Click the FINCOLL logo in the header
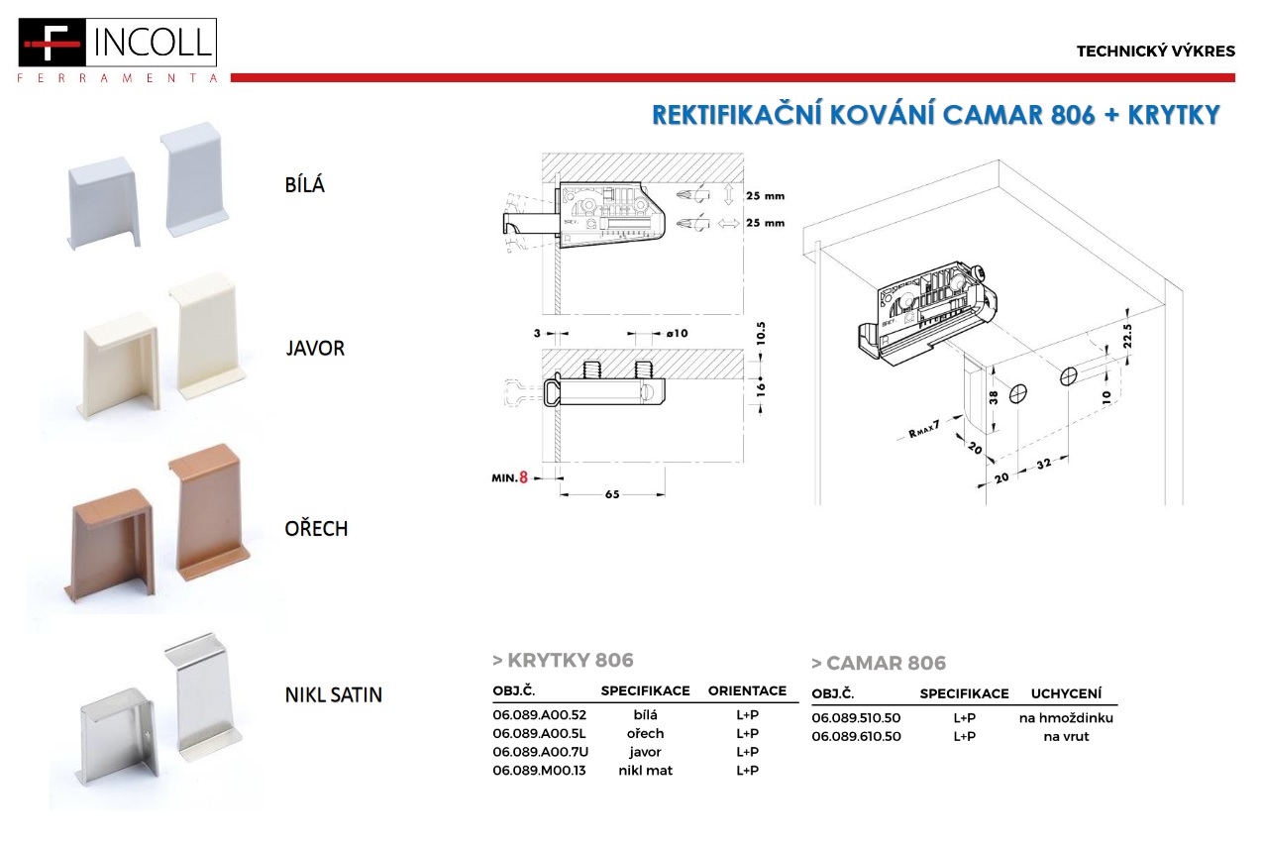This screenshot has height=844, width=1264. (117, 50)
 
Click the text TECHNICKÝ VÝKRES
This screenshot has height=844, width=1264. (1156, 52)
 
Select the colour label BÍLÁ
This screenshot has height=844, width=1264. (305, 185)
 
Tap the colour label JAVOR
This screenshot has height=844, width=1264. (315, 348)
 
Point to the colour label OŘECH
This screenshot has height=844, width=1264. (317, 528)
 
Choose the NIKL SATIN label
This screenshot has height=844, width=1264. (334, 694)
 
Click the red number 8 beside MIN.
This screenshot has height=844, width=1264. (523, 477)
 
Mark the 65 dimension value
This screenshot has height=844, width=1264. (612, 494)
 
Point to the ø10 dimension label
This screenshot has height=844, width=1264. (678, 334)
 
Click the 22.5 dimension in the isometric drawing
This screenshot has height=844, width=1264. (1127, 336)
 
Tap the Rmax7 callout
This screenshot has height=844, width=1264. (924, 429)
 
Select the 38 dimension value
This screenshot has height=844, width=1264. (994, 398)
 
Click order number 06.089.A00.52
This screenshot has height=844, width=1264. (540, 715)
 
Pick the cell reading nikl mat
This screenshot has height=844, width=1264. (646, 770)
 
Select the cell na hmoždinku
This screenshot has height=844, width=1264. (1066, 717)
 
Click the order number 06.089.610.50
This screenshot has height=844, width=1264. (856, 736)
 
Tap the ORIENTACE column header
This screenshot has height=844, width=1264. (747, 690)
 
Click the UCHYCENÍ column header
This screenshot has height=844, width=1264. (1066, 693)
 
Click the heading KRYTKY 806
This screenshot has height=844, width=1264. (571, 660)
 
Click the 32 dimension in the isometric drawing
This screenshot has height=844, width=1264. (1044, 464)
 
